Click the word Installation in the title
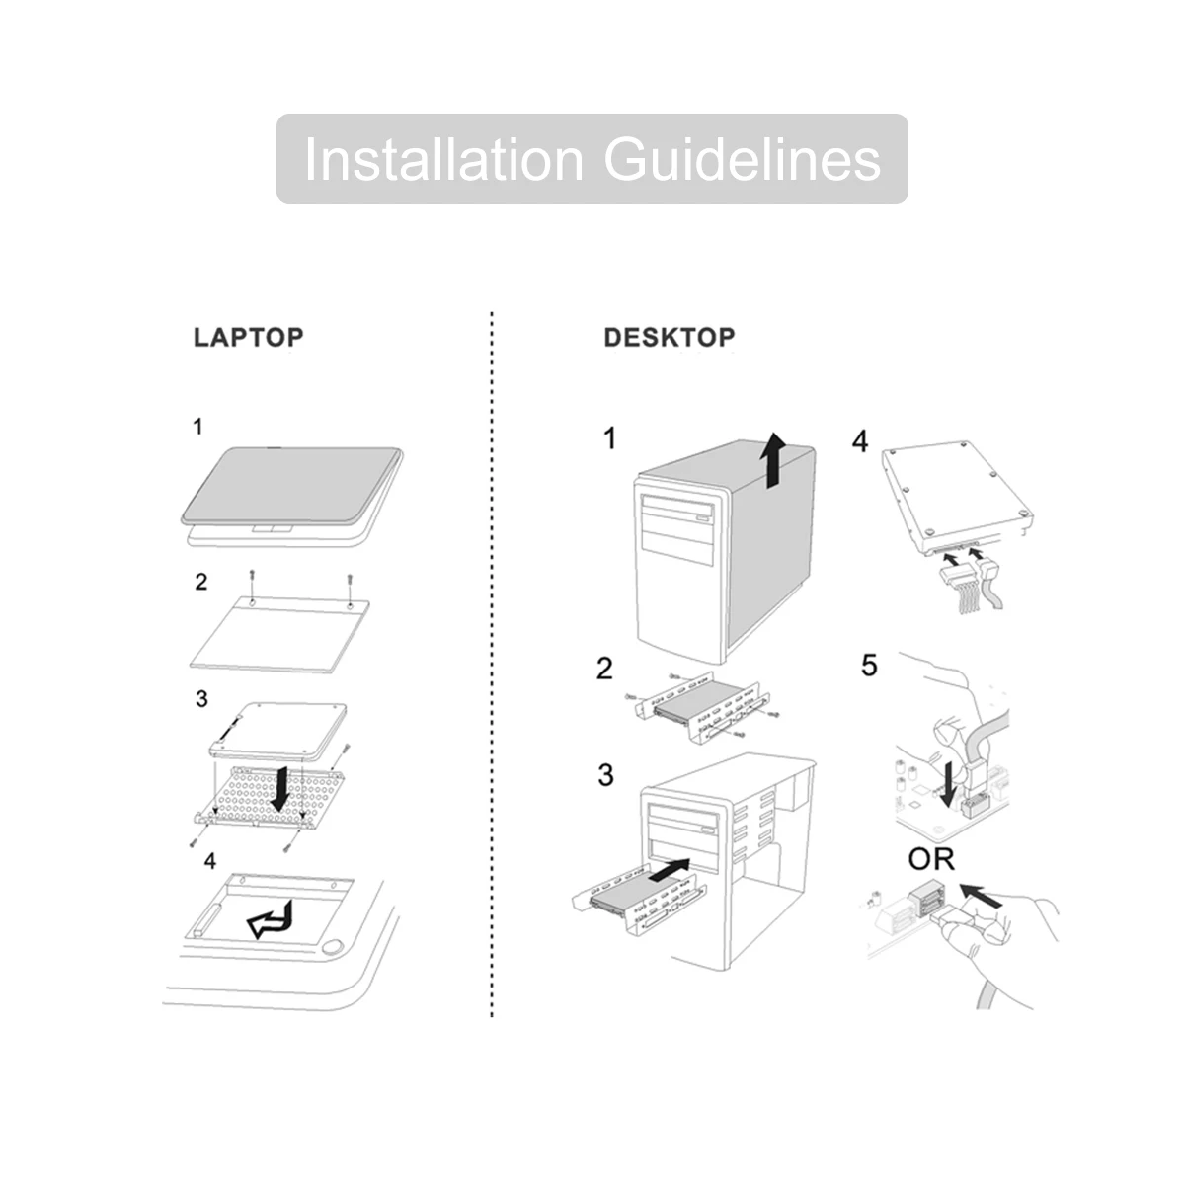(443, 159)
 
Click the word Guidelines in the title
(742, 159)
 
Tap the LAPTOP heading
(248, 337)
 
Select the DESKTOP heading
(670, 337)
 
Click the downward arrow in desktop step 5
(949, 782)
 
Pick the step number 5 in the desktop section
(869, 665)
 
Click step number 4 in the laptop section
(209, 862)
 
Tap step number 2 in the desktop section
(604, 669)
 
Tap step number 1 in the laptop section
(198, 427)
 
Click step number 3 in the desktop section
(605, 775)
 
